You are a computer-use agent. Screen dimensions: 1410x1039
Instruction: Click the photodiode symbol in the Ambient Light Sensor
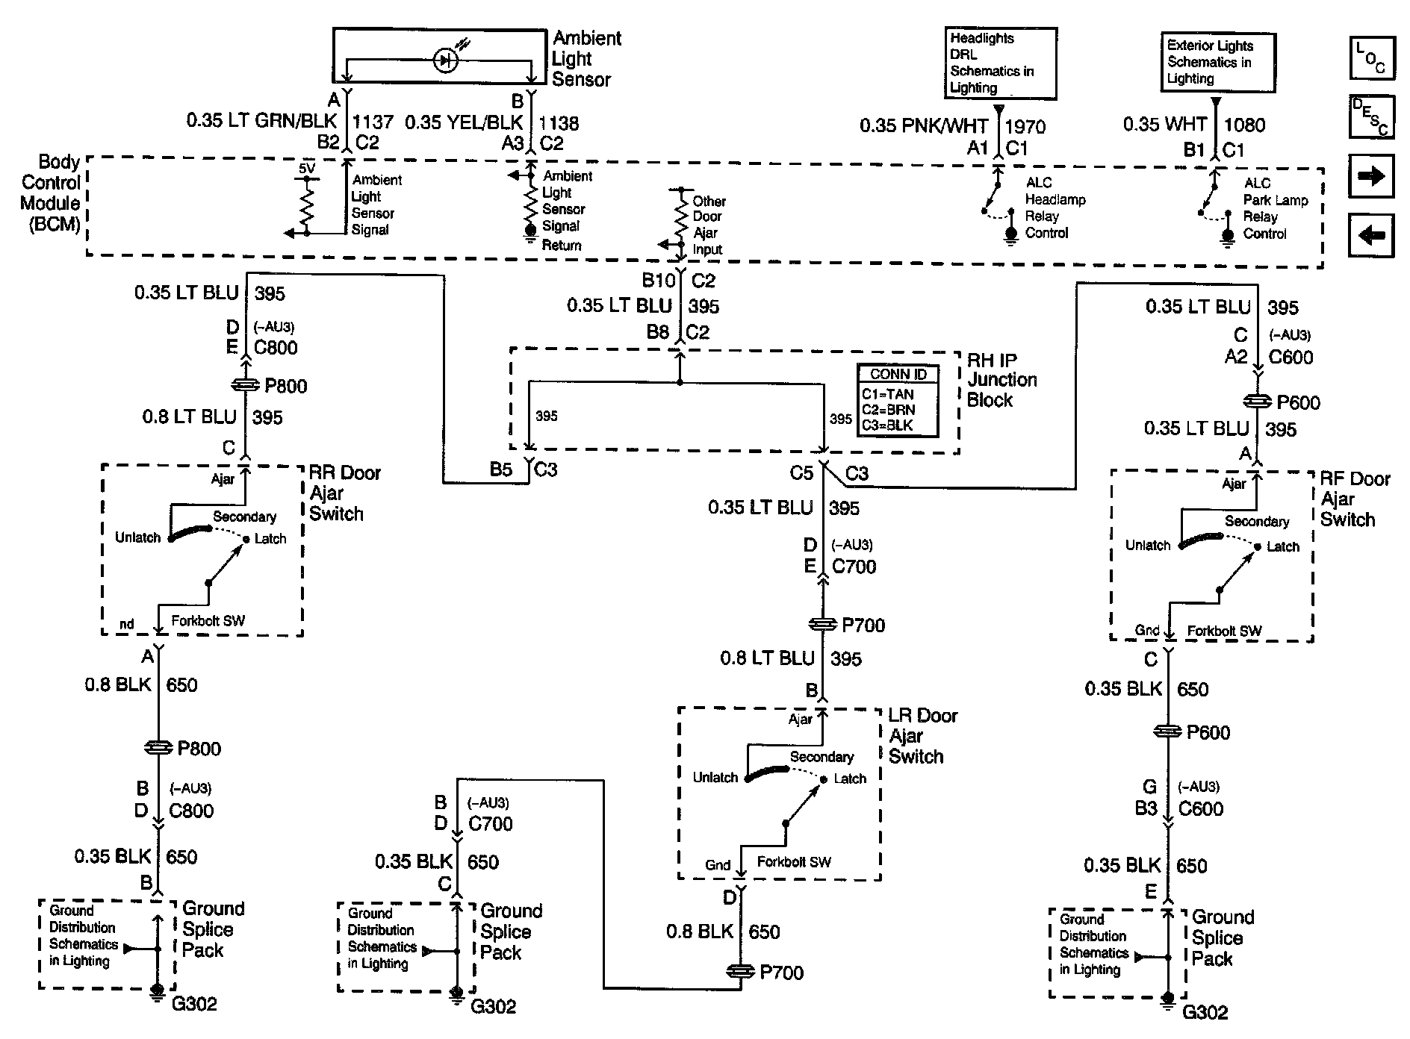(x=447, y=60)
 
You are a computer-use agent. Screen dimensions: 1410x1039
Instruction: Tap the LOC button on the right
(x=1372, y=57)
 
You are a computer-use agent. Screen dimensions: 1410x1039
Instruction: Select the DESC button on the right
(x=1372, y=116)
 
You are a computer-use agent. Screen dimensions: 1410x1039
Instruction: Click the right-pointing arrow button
(x=1372, y=176)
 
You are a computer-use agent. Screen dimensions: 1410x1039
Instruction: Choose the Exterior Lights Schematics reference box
(x=1217, y=62)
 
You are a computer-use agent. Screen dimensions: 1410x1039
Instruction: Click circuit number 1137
(x=373, y=122)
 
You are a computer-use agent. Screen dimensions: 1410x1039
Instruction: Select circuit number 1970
(x=1025, y=127)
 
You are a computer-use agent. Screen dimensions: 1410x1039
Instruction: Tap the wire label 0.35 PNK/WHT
(x=924, y=126)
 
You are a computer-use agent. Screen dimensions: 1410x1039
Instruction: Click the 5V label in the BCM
(x=307, y=169)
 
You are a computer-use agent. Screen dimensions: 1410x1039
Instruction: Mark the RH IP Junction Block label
(x=1001, y=380)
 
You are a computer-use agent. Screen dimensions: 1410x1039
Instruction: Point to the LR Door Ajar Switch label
(x=923, y=736)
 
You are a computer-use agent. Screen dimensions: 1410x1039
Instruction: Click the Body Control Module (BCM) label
(x=51, y=193)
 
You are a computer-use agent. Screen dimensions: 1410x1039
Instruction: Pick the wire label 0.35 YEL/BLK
(x=464, y=122)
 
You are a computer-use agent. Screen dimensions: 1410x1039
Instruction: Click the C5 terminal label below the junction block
(x=802, y=473)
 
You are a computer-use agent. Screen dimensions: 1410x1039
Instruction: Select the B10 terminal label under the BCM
(x=659, y=281)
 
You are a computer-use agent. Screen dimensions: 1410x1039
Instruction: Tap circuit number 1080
(x=1245, y=125)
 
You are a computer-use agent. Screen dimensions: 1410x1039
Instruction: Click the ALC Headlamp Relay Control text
(x=1055, y=208)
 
